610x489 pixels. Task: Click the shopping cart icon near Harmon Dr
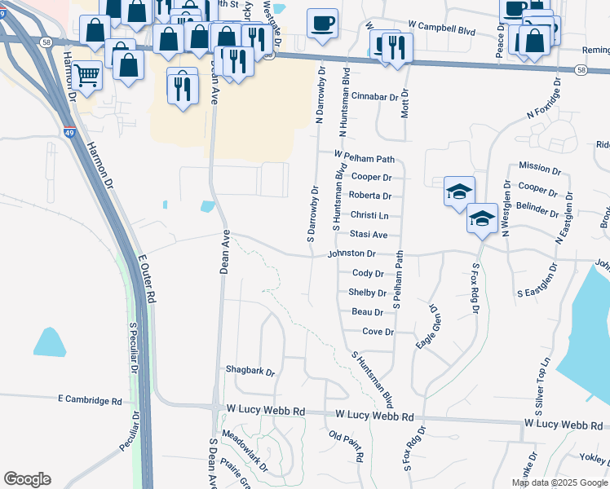tap(86, 76)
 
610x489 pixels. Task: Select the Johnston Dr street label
tap(351, 254)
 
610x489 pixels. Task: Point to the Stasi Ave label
tap(369, 235)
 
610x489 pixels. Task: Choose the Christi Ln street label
tap(369, 215)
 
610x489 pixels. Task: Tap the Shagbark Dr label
tap(250, 370)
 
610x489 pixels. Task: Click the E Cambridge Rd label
tap(90, 400)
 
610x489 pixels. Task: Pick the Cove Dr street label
tap(378, 332)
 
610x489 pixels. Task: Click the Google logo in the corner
tap(27, 479)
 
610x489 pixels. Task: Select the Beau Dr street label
tap(368, 312)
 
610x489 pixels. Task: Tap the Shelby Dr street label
tap(367, 293)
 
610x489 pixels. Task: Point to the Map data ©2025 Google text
tap(559, 482)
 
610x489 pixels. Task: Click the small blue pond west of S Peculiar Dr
tap(50, 341)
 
